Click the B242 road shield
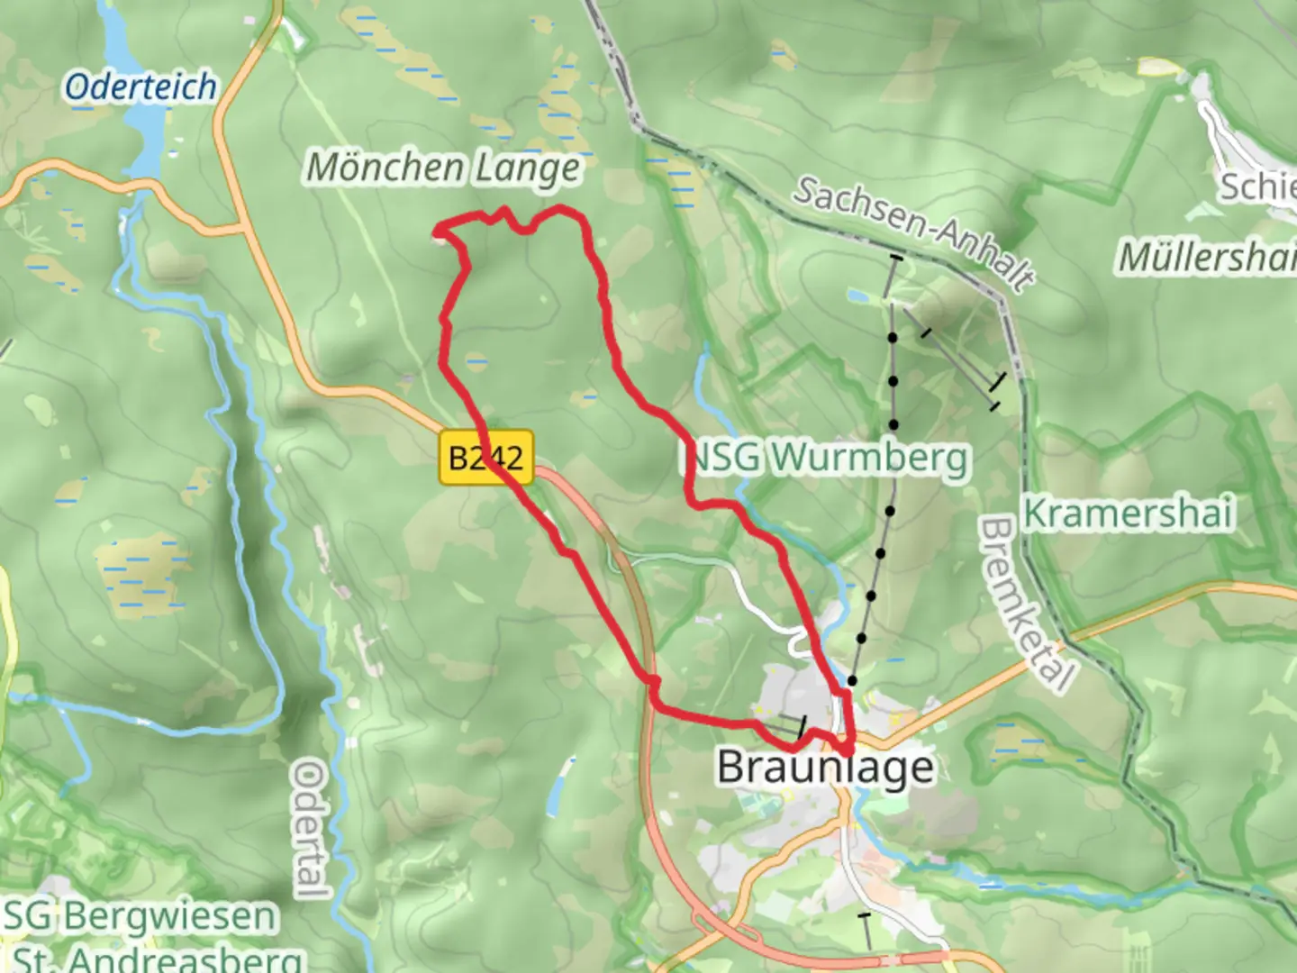[x=485, y=458]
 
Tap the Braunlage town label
[x=825, y=768]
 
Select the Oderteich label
[x=141, y=87]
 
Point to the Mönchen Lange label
[x=443, y=168]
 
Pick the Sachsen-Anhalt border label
[x=913, y=232]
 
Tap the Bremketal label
[x=1027, y=603]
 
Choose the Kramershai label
[x=1128, y=514]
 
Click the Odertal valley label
[x=310, y=829]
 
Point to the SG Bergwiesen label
[x=140, y=916]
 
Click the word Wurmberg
[x=869, y=458]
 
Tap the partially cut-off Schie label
[x=1257, y=187]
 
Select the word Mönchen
[x=385, y=168]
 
